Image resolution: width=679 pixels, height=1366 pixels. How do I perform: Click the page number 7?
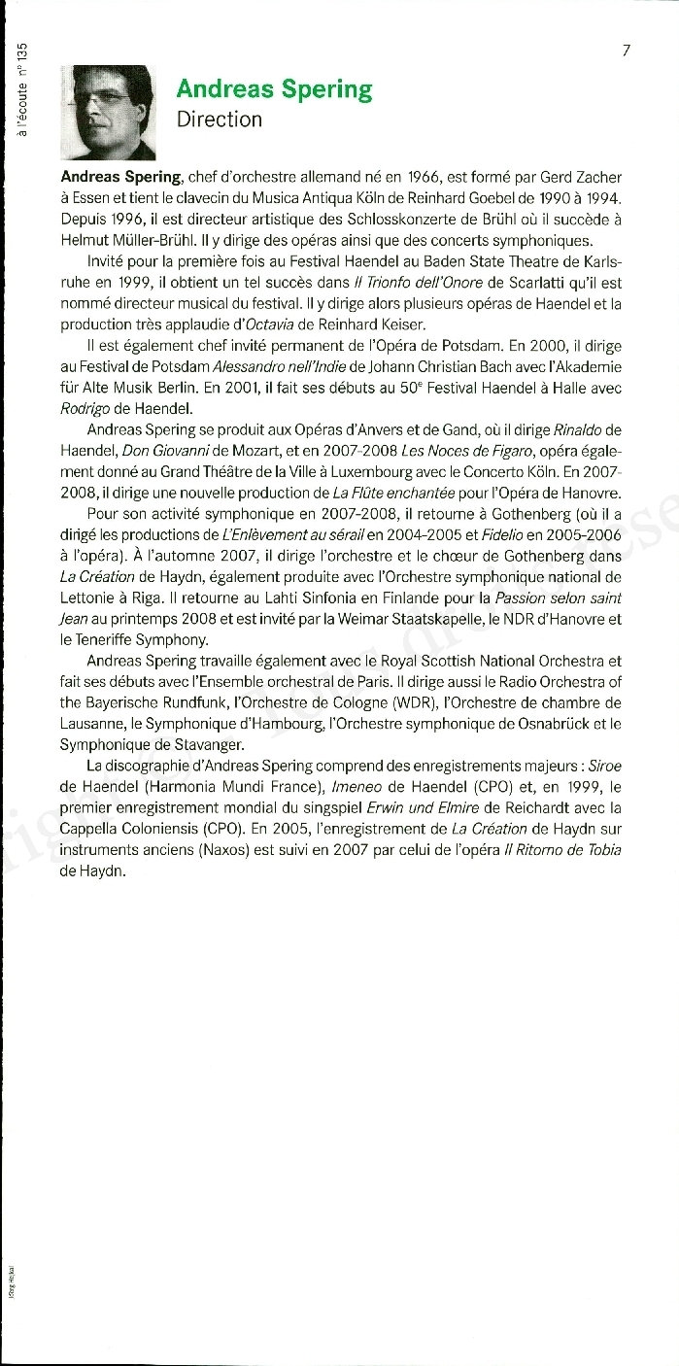[627, 51]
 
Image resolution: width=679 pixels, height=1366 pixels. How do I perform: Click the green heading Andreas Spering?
[274, 90]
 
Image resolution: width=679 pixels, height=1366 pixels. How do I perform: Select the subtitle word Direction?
[220, 120]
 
